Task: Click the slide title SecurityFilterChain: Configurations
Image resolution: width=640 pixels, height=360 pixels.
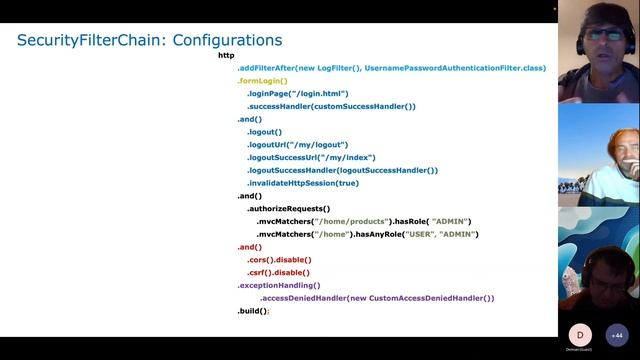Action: click(149, 40)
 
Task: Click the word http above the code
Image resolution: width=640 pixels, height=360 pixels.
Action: click(226, 55)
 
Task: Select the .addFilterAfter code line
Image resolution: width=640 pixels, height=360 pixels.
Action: click(392, 68)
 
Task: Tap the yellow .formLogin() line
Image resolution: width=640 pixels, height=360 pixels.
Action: click(262, 81)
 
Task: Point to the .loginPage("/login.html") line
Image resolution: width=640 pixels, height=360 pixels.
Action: click(298, 93)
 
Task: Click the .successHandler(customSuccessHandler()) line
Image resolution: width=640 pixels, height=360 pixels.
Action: click(331, 107)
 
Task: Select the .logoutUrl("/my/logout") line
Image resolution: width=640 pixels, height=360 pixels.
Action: click(297, 145)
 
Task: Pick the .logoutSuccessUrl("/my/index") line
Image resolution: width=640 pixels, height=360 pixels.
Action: click(311, 158)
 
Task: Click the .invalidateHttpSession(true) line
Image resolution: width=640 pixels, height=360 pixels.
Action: click(303, 183)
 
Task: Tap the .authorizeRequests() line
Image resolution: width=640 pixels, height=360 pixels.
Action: click(289, 209)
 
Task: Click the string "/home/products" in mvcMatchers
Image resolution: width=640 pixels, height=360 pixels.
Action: click(351, 222)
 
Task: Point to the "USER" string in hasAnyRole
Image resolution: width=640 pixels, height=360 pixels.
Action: click(420, 234)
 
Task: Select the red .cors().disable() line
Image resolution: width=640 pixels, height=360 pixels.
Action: click(279, 260)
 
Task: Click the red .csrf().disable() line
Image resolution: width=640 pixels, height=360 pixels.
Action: click(278, 273)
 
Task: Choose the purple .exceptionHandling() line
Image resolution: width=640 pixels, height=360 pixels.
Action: click(279, 285)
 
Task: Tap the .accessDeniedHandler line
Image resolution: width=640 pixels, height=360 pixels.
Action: click(377, 298)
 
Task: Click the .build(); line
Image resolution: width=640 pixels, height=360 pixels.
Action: click(253, 311)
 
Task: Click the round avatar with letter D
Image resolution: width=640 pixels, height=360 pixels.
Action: click(580, 335)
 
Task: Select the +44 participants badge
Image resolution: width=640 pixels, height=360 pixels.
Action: click(617, 335)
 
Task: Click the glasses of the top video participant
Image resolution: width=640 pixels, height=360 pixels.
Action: click(605, 34)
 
